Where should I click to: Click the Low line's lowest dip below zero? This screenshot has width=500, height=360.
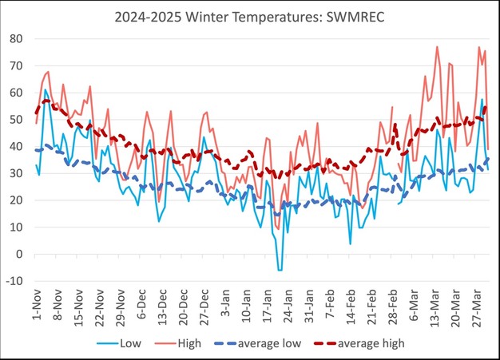pyautogui.click(x=280, y=271)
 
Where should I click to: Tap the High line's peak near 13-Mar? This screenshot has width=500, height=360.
pyautogui.click(x=437, y=46)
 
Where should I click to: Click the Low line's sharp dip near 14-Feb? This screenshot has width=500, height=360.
pyautogui.click(x=350, y=243)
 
